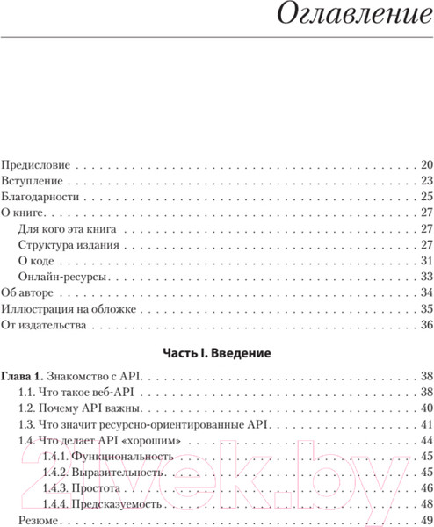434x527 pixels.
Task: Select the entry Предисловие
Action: pyautogui.click(x=33, y=164)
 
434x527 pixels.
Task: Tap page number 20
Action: pyautogui.click(x=426, y=164)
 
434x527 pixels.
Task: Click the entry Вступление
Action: pyautogui.click(x=31, y=181)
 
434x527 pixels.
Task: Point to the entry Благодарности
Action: pyautogui.click(x=40, y=197)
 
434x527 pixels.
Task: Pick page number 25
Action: pyautogui.click(x=426, y=197)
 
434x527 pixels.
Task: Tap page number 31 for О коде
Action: pyautogui.click(x=426, y=261)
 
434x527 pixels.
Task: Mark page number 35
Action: pyautogui.click(x=426, y=309)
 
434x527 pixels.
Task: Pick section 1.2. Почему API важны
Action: pyautogui.click(x=82, y=408)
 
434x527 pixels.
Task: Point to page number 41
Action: pyautogui.click(x=426, y=424)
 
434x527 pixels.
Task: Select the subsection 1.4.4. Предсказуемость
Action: pyautogui.click(x=101, y=504)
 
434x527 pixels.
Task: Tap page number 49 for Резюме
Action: pyautogui.click(x=426, y=521)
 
